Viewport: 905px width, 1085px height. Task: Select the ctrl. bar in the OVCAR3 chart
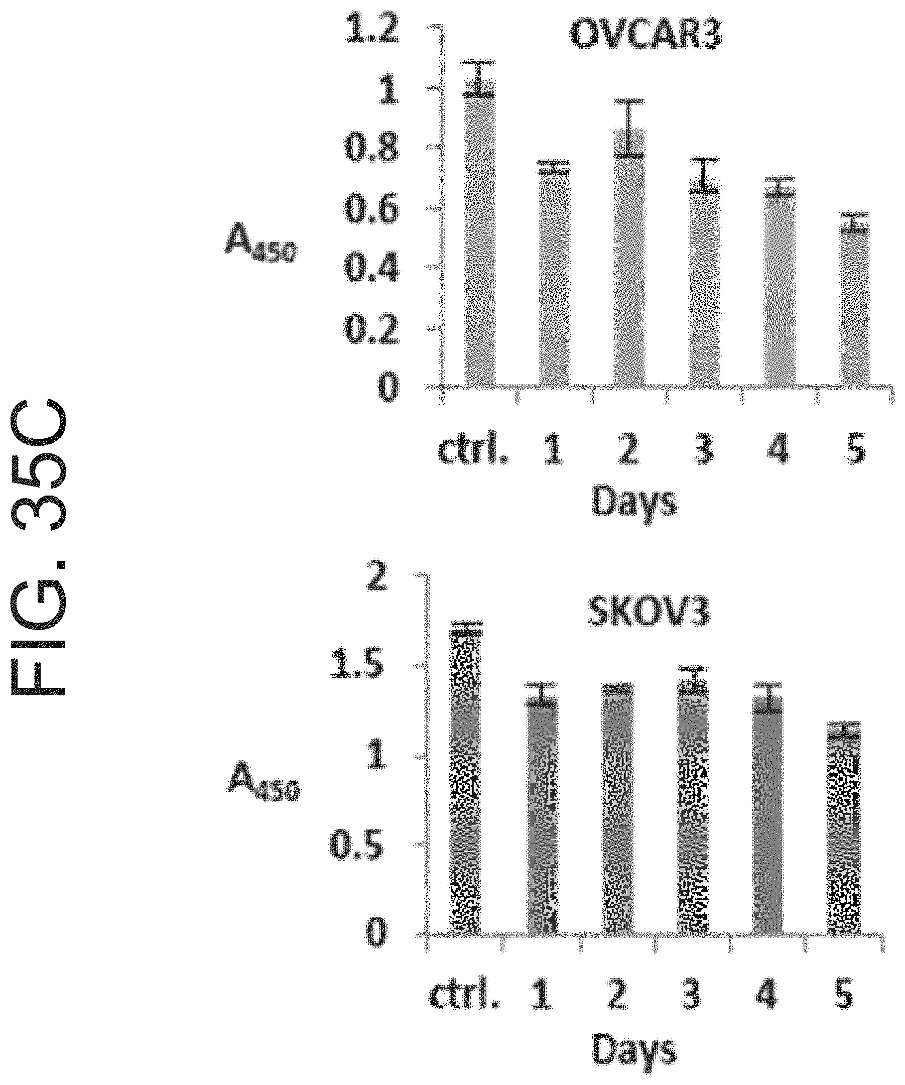point(480,237)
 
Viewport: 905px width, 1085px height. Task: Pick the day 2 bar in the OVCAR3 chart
point(629,259)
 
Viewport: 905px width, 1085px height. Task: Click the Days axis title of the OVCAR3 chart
point(633,500)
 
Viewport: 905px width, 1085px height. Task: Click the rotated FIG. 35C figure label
point(40,548)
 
